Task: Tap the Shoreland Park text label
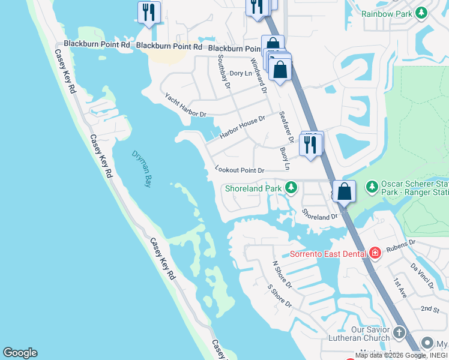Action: point(253,188)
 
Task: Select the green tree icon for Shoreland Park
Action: point(291,188)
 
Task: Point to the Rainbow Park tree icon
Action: point(421,13)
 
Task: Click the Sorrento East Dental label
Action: point(328,253)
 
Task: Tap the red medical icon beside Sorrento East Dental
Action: point(375,253)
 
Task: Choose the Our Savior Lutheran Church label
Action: point(370,334)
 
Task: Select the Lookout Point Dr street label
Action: point(240,170)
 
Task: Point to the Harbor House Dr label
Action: point(242,127)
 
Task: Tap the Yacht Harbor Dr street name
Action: point(185,106)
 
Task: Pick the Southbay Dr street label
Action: point(223,71)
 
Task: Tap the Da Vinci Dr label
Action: point(422,276)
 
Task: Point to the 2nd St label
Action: point(430,308)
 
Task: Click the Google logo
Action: point(20,353)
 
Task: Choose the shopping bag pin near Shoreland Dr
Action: point(345,192)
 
